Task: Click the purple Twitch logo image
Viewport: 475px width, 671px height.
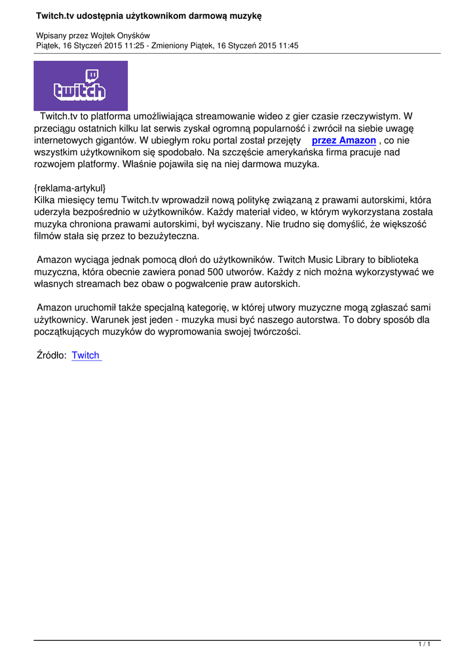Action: (x=81, y=86)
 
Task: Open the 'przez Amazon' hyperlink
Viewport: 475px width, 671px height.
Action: (x=343, y=141)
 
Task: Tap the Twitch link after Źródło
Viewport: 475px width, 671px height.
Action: (x=86, y=355)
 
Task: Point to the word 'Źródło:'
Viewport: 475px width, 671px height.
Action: (x=52, y=355)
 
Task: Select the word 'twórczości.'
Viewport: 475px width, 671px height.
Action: (x=273, y=332)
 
